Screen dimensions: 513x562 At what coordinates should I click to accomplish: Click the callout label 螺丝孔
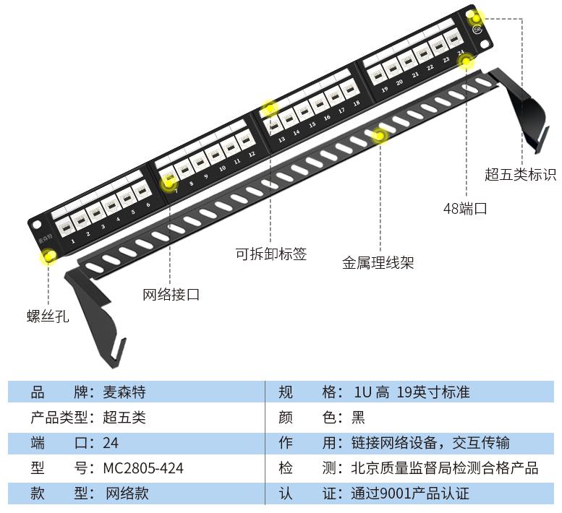48,316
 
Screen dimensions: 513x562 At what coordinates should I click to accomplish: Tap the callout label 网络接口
171,295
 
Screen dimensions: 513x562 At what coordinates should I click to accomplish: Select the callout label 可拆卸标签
271,254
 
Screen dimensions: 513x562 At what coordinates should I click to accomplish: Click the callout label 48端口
464,209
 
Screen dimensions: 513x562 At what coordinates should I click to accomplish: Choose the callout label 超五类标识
520,175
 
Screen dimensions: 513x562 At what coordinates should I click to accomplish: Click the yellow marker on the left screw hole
48,256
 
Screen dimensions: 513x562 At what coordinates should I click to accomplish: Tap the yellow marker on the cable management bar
379,135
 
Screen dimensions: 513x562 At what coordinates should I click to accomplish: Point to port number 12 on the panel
251,154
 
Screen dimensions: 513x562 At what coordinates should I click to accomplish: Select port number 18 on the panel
356,103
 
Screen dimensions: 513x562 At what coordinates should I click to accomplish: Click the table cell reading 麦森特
124,392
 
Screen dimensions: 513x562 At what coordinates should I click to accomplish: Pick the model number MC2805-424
143,468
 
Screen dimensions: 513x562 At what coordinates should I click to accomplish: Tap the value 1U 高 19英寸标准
412,392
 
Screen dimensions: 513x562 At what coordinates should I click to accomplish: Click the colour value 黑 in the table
358,418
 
